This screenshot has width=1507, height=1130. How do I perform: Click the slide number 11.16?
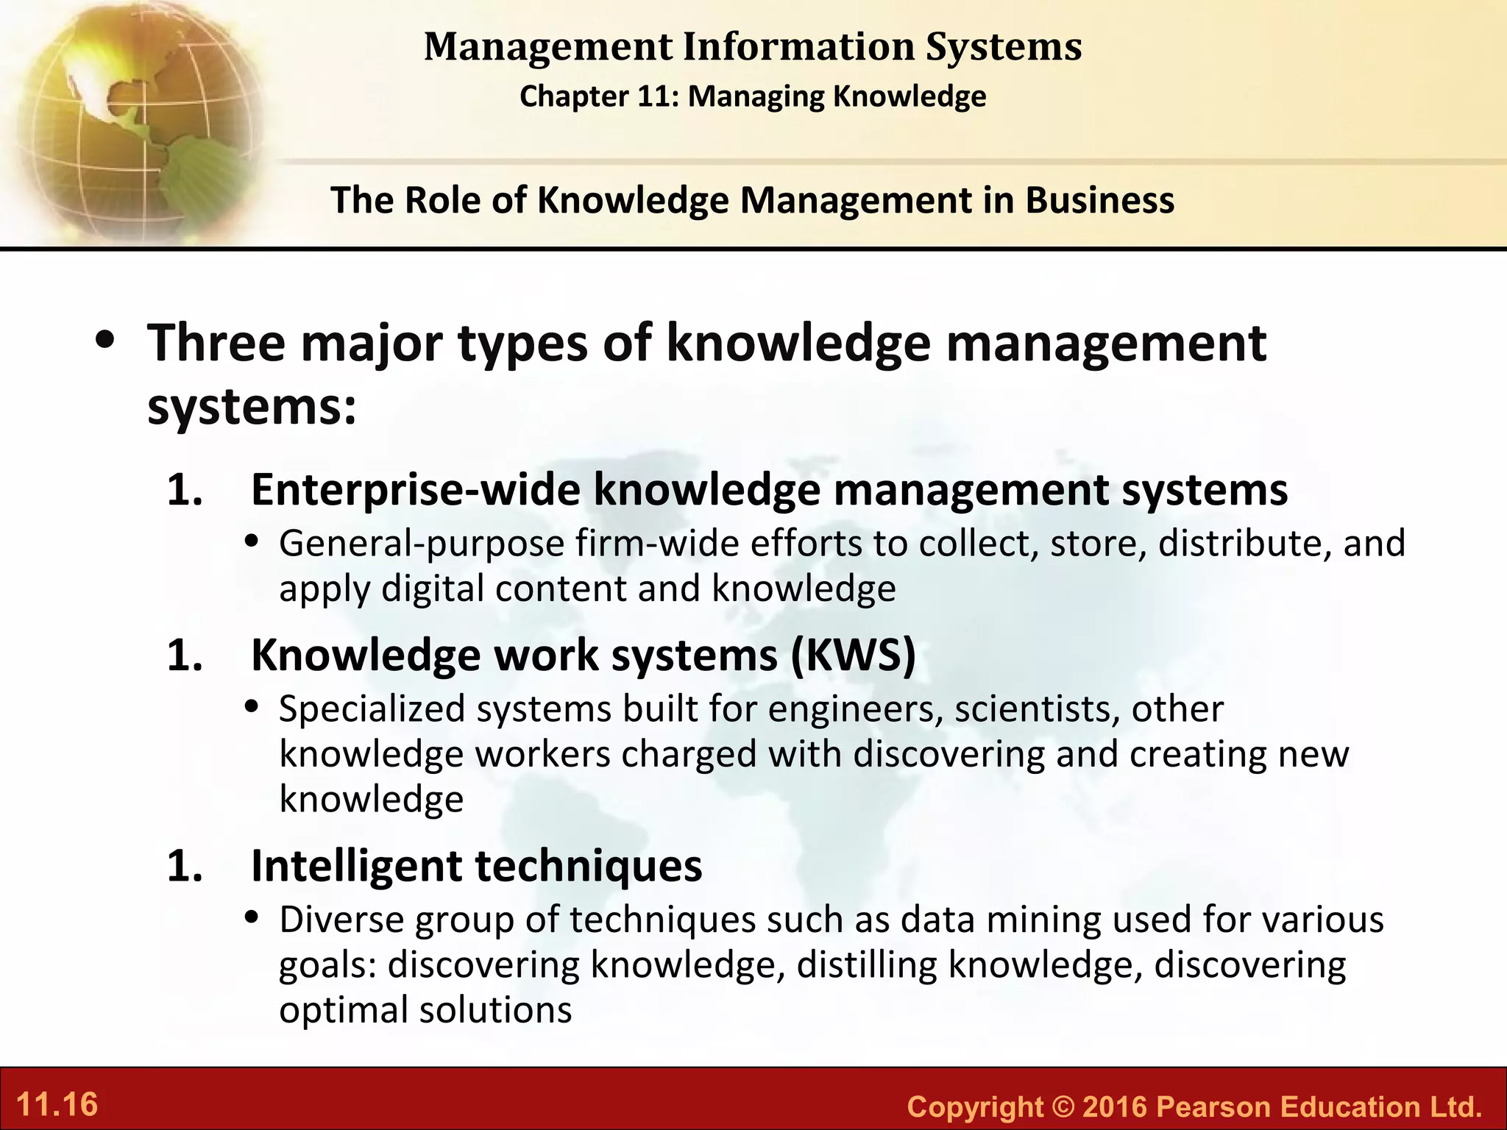57,1105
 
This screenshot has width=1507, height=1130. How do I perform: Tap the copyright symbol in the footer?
1062,1106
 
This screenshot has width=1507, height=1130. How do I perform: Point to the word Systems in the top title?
1003,47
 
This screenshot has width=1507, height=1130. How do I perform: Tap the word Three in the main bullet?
216,343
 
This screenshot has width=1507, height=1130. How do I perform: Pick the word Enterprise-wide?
415,490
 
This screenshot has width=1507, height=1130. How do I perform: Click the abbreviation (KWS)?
853,655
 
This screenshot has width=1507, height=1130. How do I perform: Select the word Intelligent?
356,866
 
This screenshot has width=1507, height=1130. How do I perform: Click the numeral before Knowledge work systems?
184,655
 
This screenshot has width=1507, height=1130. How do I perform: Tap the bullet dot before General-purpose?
252,543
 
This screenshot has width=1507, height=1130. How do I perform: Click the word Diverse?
341,920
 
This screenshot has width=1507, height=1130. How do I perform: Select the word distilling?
866,965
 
